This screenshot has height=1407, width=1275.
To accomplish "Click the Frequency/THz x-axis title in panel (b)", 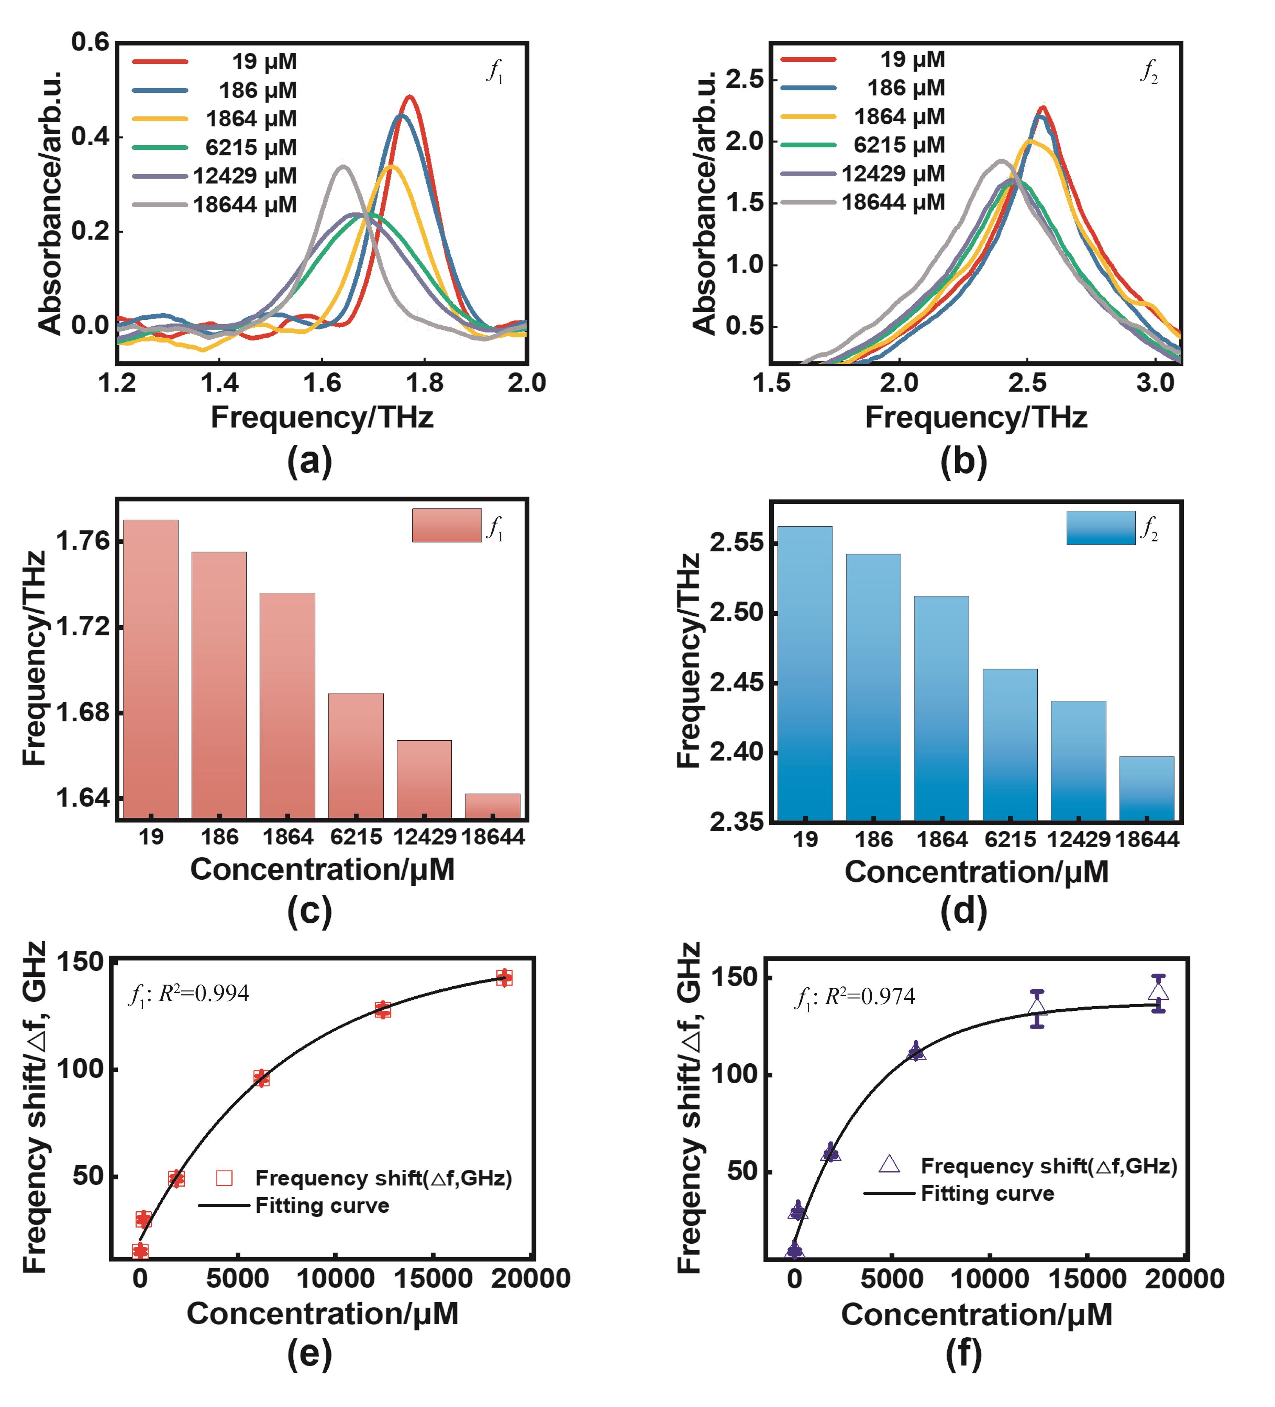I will (976, 417).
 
